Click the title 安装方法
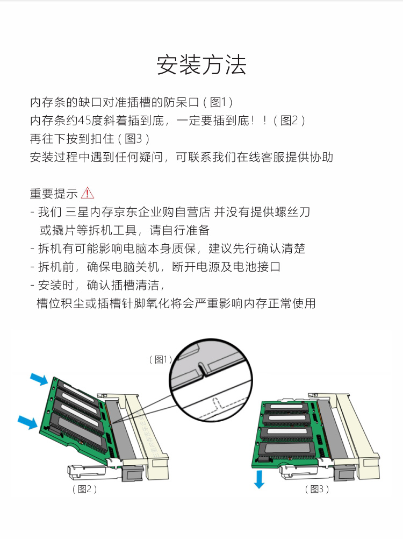pos(201,65)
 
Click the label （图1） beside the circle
pos(160,359)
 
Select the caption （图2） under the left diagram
pos(84,489)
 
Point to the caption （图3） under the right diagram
pos(317,489)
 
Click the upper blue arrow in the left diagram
pos(39,379)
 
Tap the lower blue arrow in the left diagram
pos(27,422)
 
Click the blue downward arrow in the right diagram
pos(259,479)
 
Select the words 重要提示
pos(54,194)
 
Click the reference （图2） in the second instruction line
pos(289,120)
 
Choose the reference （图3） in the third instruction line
pos(133,139)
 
